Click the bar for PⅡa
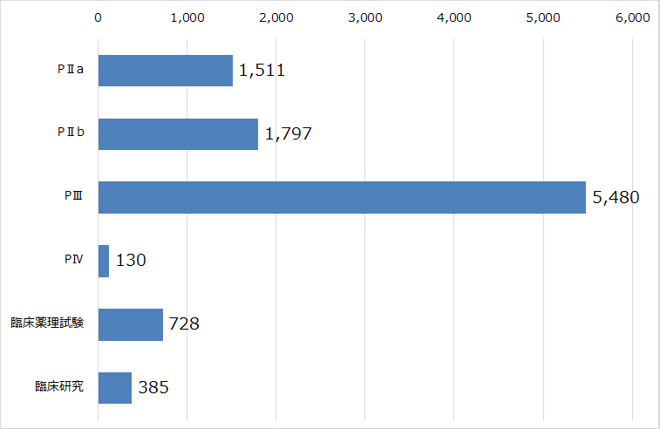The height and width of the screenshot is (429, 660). coord(166,71)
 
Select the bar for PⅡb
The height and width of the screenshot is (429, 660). coord(178,134)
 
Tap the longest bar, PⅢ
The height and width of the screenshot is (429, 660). coord(342,197)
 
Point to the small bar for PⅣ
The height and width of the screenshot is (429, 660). coord(104,261)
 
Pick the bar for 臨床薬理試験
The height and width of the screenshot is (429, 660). coord(131,324)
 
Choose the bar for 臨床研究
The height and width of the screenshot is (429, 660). coord(115,387)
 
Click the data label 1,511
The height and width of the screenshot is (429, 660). coord(262,71)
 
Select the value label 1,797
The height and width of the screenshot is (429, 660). coord(287,134)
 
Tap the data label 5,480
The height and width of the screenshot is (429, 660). coord(616,197)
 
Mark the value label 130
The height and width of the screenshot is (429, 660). coord(130,261)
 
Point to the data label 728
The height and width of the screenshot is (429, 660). coord(184,324)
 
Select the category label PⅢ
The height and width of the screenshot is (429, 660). coord(72,197)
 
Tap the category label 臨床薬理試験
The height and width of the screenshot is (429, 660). coord(47,324)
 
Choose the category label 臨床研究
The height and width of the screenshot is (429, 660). coord(59,387)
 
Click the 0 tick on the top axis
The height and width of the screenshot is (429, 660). coord(99,17)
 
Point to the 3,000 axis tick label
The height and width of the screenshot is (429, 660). coord(365,17)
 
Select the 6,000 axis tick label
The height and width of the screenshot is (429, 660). coord(632,17)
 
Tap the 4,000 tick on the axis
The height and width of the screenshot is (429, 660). coord(454,17)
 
